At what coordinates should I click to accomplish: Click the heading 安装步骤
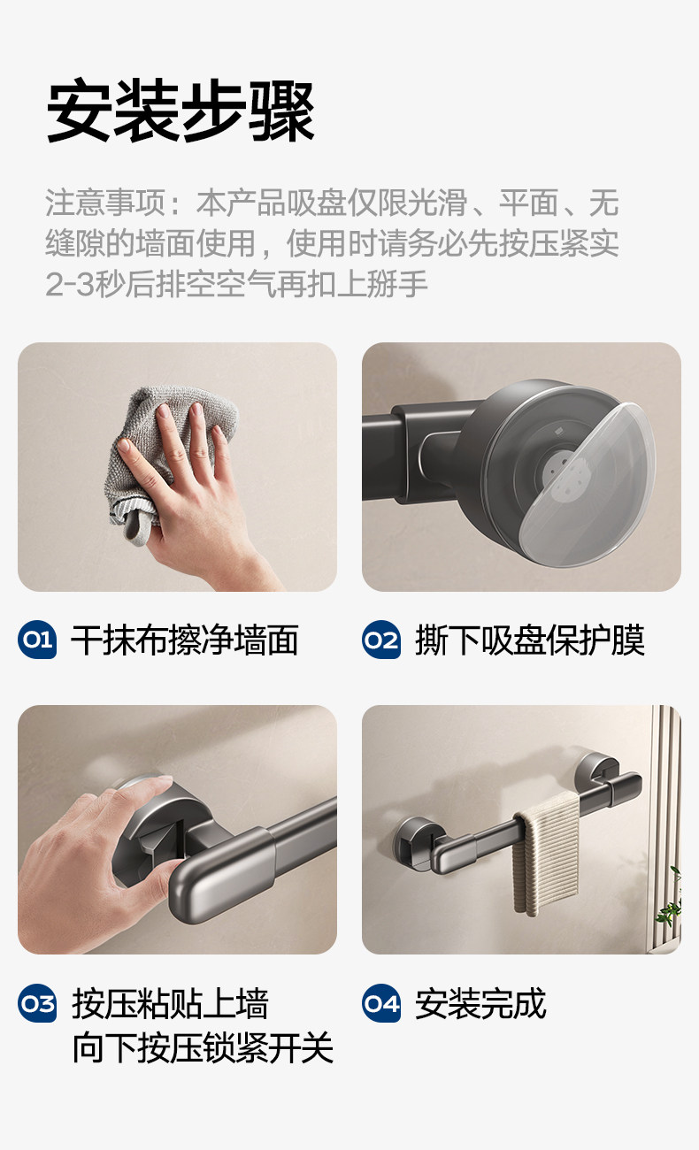point(181,111)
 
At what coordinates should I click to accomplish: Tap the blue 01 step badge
point(37,640)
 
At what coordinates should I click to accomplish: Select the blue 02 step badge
point(381,640)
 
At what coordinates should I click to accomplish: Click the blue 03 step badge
point(37,1002)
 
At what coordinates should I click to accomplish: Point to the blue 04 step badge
point(381,1002)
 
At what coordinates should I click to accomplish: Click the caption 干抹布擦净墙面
point(184,640)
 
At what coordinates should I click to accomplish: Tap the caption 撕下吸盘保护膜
point(529,640)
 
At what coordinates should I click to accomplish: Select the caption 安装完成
point(480,1003)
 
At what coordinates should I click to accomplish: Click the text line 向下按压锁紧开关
point(203,1048)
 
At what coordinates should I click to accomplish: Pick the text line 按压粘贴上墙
point(170,1003)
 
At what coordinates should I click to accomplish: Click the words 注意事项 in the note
point(105,203)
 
